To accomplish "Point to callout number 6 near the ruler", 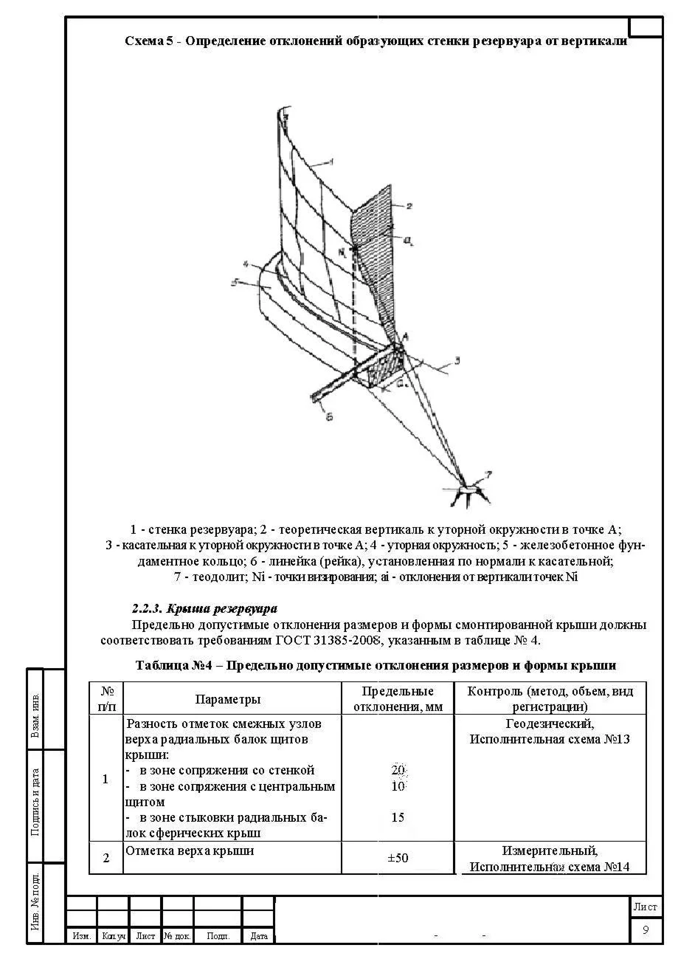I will (329, 416).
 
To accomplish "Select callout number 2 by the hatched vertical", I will (409, 206).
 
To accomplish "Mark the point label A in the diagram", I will (404, 335).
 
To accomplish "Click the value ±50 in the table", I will (398, 858).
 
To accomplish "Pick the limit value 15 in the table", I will (398, 817).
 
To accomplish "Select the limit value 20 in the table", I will (398, 770).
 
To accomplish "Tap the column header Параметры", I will (228, 699).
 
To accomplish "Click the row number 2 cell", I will (106, 858).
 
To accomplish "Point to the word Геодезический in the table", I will (550, 723).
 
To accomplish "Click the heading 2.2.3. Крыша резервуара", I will (204, 609).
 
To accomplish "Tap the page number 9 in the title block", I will (646, 929).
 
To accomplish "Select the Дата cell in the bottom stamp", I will (258, 936).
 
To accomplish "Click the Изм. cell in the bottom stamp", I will (82, 936).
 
